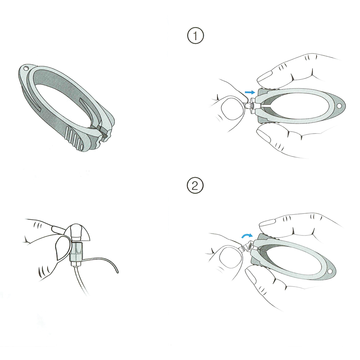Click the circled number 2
(195, 186)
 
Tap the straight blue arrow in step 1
(250, 92)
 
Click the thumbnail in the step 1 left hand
(231, 107)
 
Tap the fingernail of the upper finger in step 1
(264, 76)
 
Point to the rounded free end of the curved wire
(117, 272)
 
